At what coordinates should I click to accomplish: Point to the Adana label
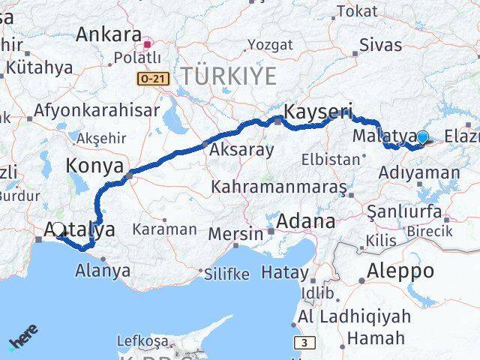click(306, 221)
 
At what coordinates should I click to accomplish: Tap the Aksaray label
click(241, 150)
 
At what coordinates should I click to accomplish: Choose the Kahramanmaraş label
click(279, 185)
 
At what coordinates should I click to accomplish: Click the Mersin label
click(236, 234)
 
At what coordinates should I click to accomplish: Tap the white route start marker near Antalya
click(58, 228)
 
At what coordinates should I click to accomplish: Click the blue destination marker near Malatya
click(422, 137)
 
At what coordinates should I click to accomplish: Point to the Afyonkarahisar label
click(97, 110)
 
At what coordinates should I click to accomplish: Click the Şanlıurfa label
click(405, 211)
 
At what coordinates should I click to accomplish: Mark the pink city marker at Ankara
click(148, 45)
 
